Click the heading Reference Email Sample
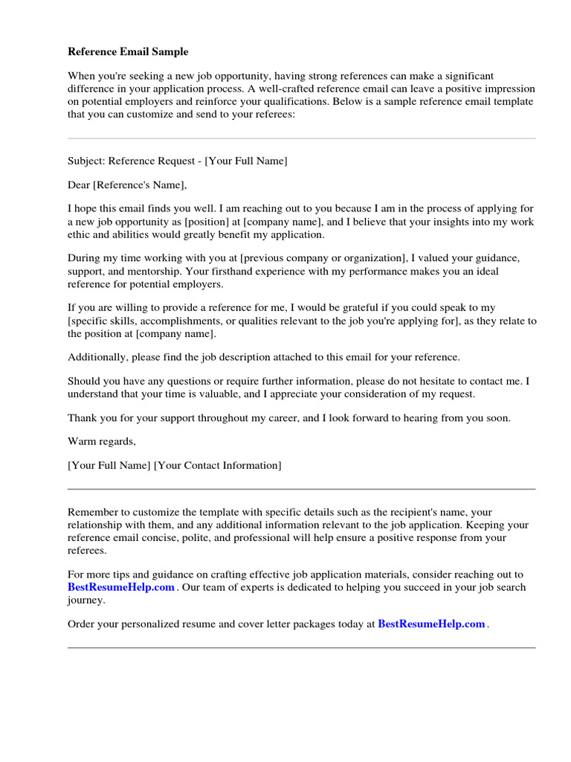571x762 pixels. [x=128, y=52]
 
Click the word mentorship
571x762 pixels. [x=151, y=271]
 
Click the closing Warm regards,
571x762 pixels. [x=102, y=441]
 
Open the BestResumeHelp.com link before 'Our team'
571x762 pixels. [x=120, y=587]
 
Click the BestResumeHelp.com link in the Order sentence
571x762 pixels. [x=431, y=624]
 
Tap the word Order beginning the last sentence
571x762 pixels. [x=82, y=624]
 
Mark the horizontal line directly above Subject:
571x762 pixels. [x=301, y=138]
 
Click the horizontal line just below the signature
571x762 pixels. [x=301, y=489]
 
